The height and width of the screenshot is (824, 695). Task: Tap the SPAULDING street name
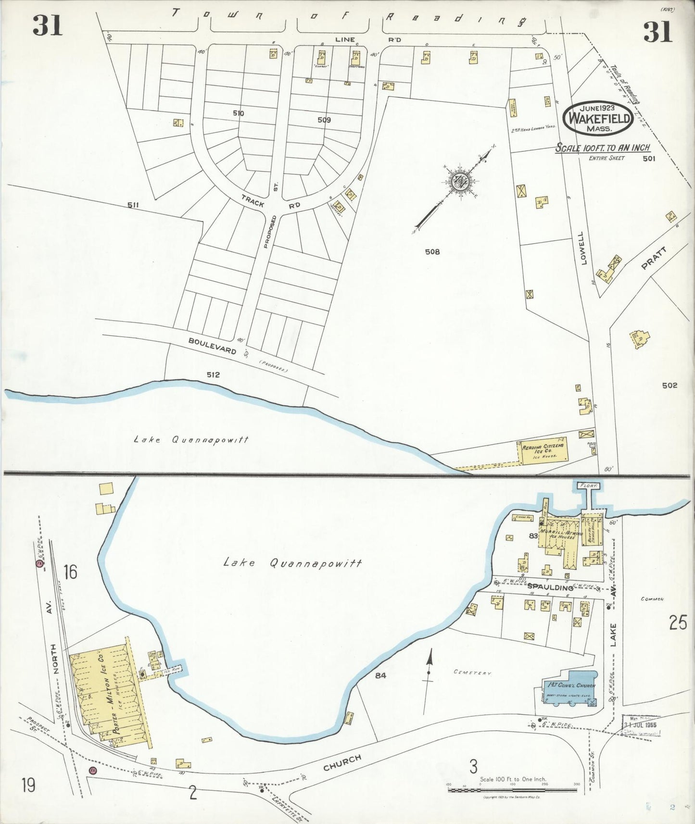coord(550,587)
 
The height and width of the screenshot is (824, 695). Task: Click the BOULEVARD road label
coord(212,346)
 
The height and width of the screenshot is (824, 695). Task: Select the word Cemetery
coord(472,673)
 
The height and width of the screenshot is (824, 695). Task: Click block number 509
coord(324,120)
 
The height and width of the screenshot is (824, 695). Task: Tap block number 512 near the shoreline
coord(213,375)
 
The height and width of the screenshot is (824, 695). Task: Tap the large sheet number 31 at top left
coord(48,25)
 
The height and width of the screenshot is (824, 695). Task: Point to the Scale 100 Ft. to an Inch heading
coord(603,148)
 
